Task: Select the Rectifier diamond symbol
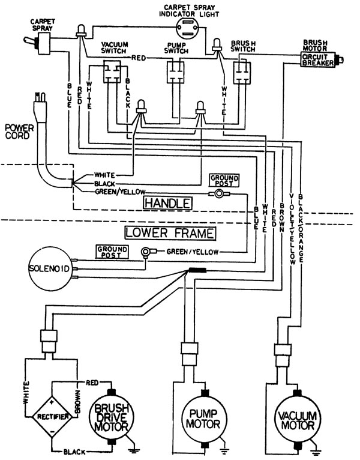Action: (52, 417)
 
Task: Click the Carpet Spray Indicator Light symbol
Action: (187, 27)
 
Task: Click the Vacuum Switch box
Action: (112, 71)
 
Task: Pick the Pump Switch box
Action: (176, 72)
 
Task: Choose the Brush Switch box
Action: (242, 73)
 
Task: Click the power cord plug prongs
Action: (40, 97)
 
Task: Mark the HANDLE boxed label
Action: (168, 203)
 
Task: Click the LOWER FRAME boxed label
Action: (170, 233)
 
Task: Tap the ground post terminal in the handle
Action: (218, 193)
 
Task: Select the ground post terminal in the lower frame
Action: (145, 252)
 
